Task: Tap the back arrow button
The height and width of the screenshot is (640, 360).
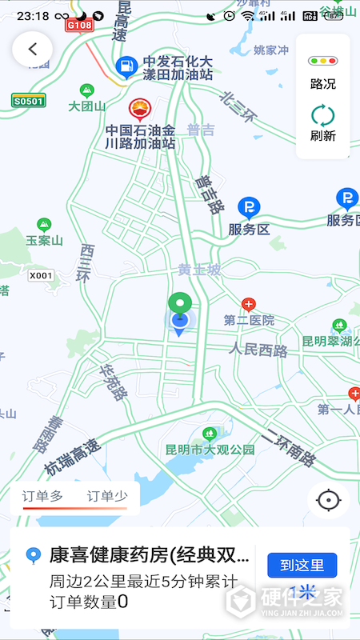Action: click(32, 49)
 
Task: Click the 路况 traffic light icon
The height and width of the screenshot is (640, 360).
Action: click(323, 61)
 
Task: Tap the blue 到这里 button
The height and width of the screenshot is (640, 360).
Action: click(302, 565)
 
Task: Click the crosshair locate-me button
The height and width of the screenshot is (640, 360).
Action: click(328, 500)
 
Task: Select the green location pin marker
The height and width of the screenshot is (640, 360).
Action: click(180, 305)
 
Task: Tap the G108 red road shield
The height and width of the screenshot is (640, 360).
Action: click(80, 25)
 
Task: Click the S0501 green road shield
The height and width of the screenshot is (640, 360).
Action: click(28, 100)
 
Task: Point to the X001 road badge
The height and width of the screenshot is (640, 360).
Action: click(40, 275)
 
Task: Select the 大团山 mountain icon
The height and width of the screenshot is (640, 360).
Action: click(86, 90)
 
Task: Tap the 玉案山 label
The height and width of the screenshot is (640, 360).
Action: click(43, 239)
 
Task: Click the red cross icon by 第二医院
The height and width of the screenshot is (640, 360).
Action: click(249, 305)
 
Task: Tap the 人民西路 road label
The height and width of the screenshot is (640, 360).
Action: click(258, 350)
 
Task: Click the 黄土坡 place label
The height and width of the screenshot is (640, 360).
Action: click(199, 270)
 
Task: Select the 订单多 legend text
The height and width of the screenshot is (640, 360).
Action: click(43, 495)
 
